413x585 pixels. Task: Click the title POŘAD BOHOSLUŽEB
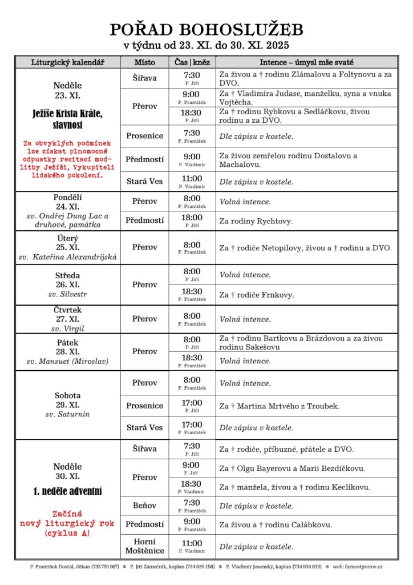click(x=206, y=30)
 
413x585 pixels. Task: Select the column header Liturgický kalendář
click(x=67, y=62)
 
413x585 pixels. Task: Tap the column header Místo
click(x=144, y=62)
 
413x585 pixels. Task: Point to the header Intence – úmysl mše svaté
click(x=306, y=62)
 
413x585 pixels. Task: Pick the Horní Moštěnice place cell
click(x=144, y=547)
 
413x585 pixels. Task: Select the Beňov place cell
click(x=144, y=506)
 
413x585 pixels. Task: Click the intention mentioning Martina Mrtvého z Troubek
click(x=279, y=406)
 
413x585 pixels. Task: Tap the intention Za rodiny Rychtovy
click(x=258, y=220)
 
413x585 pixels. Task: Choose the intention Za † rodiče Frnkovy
click(x=257, y=295)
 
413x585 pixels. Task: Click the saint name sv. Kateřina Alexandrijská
click(x=67, y=257)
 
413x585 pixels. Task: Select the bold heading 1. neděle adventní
click(x=67, y=491)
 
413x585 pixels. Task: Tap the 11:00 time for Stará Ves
click(x=192, y=179)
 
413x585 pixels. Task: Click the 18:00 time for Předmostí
click(x=192, y=218)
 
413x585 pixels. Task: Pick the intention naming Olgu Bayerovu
click(x=292, y=468)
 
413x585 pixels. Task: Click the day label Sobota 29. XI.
click(x=67, y=400)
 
